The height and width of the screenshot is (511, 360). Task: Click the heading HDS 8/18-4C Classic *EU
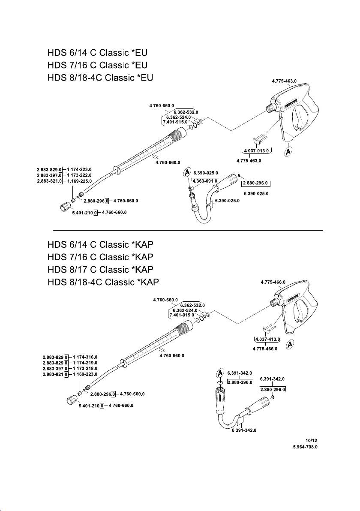[x=99, y=78]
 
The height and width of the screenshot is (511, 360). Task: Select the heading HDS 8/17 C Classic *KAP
[x=100, y=270]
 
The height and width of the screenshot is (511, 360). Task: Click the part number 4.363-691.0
[x=206, y=181]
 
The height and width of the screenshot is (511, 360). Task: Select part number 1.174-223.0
[x=79, y=170]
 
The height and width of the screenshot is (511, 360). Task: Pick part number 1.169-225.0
[x=79, y=182]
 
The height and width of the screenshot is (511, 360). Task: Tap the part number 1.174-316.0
[x=85, y=357]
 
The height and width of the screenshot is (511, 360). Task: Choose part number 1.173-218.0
[x=85, y=368]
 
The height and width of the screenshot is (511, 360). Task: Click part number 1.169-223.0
[x=85, y=374]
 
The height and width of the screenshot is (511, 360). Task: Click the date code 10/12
[x=312, y=440]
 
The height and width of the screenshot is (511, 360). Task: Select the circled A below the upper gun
[x=289, y=152]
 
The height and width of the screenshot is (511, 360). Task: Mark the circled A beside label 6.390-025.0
[x=187, y=173]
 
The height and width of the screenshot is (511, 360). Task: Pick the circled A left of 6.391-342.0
[x=221, y=373]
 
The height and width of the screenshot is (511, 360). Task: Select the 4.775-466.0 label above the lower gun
[x=273, y=282]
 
